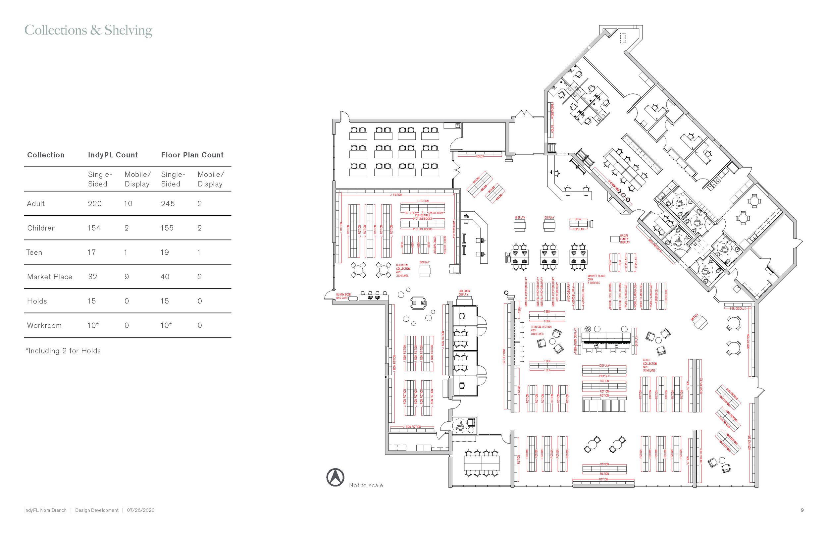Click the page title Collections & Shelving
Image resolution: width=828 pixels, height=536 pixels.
tap(88, 30)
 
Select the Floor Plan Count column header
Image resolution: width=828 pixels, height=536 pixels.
tap(192, 155)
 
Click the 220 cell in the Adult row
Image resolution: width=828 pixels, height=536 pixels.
tap(95, 204)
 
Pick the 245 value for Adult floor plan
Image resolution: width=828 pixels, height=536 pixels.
tap(168, 204)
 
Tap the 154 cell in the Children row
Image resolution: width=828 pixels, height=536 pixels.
tap(94, 228)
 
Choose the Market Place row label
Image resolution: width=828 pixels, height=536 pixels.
tap(50, 277)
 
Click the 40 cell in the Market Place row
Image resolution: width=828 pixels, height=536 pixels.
tap(165, 277)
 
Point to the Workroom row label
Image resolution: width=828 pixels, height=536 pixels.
tap(44, 325)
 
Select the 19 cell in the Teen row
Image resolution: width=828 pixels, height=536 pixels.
tap(165, 252)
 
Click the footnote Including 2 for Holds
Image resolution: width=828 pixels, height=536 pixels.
tap(63, 351)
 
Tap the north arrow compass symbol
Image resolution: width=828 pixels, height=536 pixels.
tap(335, 477)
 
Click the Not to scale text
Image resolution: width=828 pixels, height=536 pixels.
tap(366, 485)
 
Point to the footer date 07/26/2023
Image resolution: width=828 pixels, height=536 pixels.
tap(140, 510)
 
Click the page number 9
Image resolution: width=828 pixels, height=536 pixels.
tap(802, 510)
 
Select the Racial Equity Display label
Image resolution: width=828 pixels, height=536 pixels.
tap(625, 239)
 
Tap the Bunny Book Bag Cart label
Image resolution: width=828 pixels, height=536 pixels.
tap(343, 296)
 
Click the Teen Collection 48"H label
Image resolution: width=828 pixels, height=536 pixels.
tap(541, 330)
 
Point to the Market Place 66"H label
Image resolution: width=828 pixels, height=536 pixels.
tap(596, 279)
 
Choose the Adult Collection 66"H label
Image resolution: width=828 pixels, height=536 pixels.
tap(649, 365)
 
